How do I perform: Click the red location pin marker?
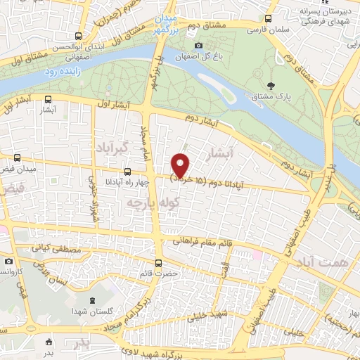181,165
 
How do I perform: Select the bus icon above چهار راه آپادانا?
127,172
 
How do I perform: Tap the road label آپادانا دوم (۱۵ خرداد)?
215,182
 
